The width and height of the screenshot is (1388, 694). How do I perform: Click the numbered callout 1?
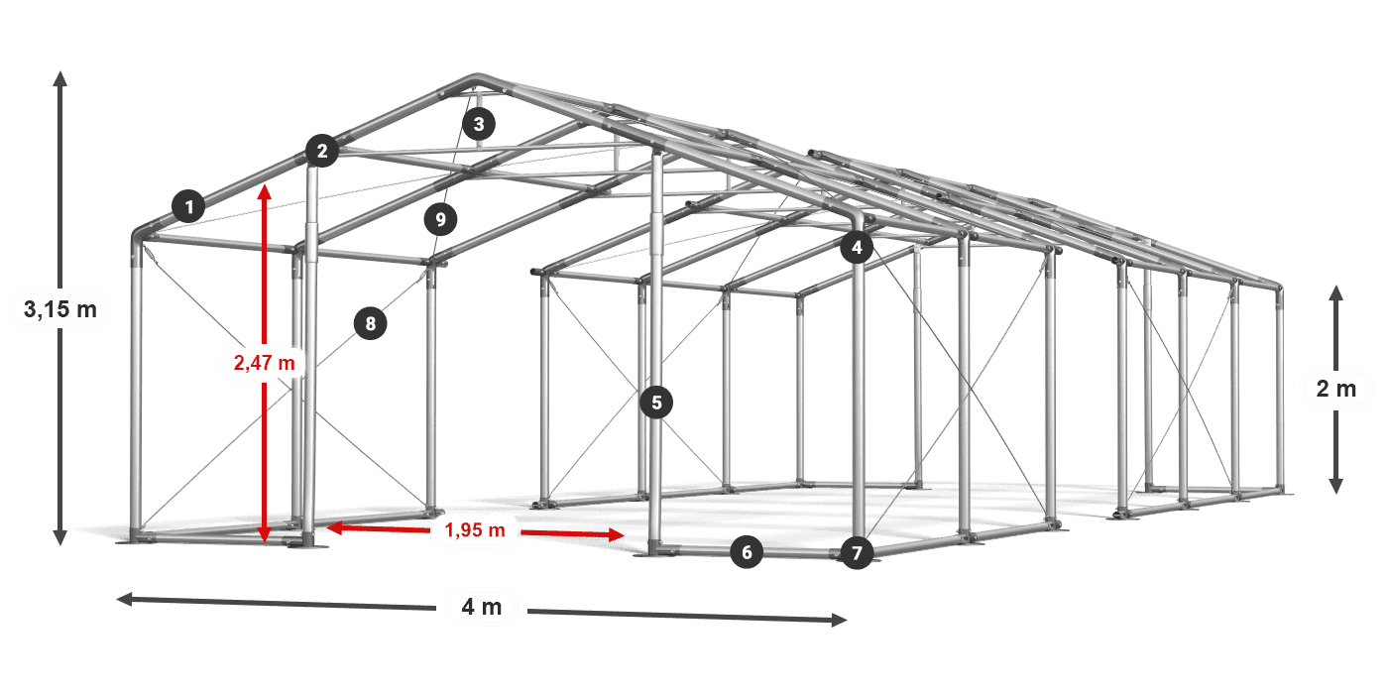(189, 206)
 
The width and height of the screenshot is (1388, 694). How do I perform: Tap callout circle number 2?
(322, 151)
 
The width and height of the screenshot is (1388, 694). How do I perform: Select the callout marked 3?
(479, 124)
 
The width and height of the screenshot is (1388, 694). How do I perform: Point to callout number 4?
(857, 247)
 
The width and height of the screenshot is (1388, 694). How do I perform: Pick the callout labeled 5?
(656, 403)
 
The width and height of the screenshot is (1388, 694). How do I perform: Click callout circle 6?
(747, 552)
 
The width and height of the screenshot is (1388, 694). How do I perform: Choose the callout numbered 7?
(857, 553)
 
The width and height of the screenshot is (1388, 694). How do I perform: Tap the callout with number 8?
(371, 323)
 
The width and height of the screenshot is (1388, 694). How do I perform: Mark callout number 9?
(440, 219)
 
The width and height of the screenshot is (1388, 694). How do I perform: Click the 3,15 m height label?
(60, 308)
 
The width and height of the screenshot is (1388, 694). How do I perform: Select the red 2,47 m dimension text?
(265, 363)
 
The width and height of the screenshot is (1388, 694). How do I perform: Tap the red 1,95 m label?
(475, 529)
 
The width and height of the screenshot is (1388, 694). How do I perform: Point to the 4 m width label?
(482, 607)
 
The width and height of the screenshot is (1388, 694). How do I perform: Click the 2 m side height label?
(1336, 389)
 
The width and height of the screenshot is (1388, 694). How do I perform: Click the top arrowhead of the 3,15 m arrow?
(60, 77)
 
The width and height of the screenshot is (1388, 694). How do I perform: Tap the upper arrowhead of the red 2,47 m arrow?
(265, 191)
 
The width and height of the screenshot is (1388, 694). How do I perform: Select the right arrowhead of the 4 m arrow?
(840, 620)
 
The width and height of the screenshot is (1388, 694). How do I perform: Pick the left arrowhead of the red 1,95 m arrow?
(334, 527)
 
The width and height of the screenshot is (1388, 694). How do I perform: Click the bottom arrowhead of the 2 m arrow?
(1336, 487)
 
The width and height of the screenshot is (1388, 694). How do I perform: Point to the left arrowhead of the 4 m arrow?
(125, 599)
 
